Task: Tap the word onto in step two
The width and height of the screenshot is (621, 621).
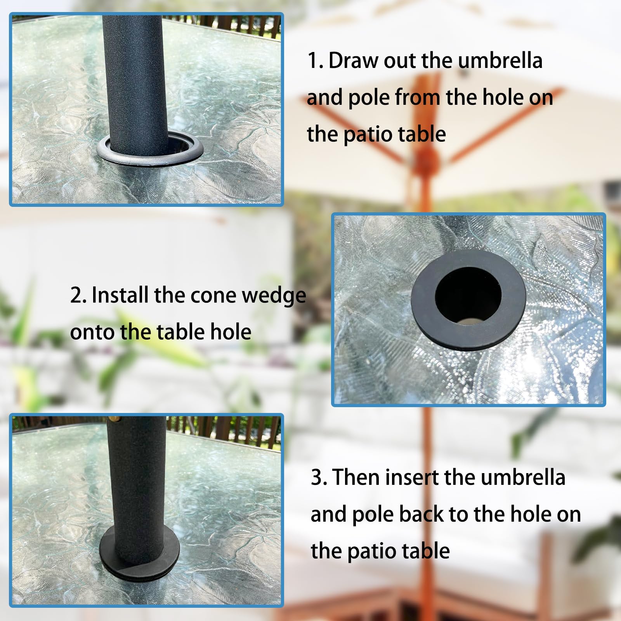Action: coord(92,333)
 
